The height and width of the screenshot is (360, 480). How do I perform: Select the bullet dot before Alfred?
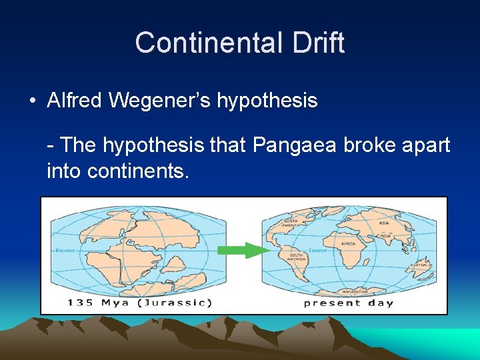(32, 101)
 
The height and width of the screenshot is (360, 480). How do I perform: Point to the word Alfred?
(75, 101)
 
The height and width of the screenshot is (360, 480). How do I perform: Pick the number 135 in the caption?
(81, 303)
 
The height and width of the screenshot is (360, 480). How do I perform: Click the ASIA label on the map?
(385, 223)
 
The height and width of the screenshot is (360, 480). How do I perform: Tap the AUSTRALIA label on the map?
(421, 265)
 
